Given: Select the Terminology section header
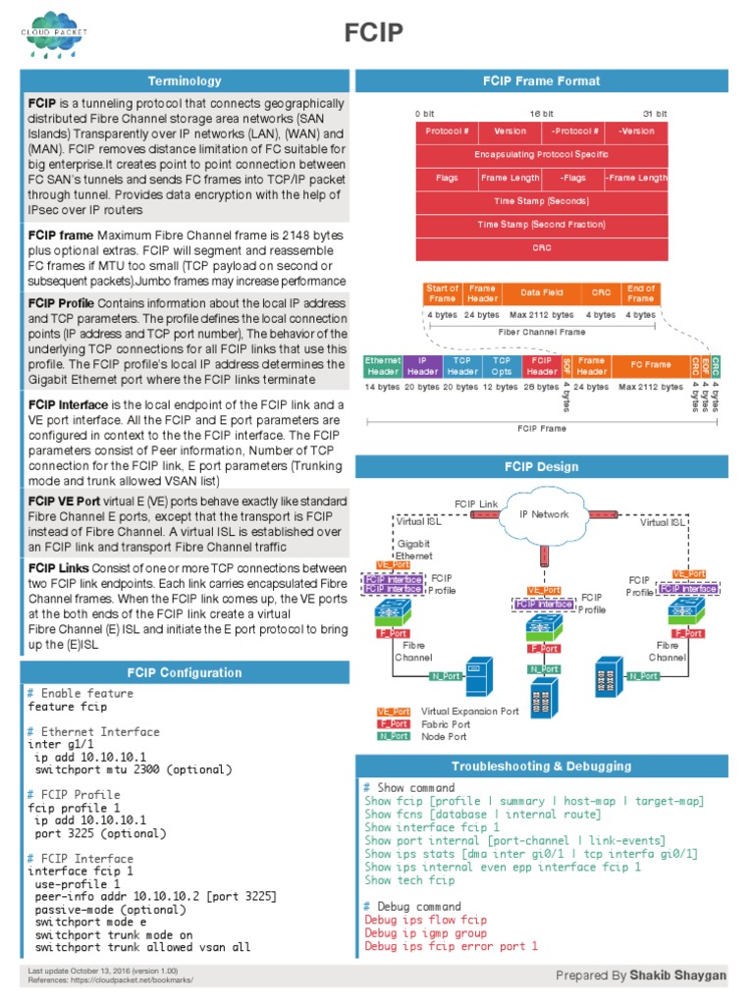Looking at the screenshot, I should point(185,80).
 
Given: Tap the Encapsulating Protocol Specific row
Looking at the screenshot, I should point(541,154).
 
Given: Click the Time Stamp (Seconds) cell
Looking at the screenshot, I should point(541,201).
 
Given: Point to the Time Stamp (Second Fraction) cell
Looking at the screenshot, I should point(541,225).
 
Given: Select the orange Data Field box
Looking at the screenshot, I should point(541,293).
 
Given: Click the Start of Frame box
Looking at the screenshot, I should point(443,293).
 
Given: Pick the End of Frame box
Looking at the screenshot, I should point(640,293).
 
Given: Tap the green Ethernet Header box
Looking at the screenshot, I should point(382,366).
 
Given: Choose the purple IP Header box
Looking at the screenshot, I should point(422,366).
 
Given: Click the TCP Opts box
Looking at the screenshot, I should point(502,366).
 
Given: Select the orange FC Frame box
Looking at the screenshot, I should point(649,366).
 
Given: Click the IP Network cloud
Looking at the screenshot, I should point(544,514).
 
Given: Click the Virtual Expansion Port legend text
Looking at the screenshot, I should point(470,712).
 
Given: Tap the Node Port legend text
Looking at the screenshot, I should point(444,736).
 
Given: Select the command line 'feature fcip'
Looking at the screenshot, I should point(68,707).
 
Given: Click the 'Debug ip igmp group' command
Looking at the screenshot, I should point(426,933).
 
